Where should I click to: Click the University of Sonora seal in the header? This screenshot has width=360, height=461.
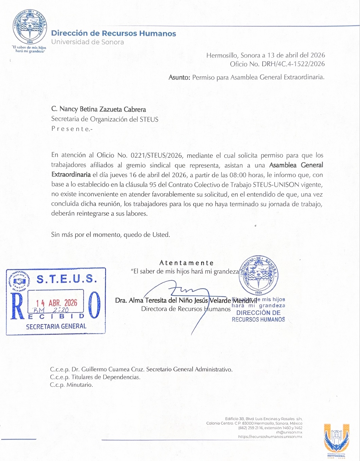[30, 27]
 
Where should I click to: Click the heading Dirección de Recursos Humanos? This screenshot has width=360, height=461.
[113, 33]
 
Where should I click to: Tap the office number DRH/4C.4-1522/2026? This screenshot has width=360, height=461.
[293, 64]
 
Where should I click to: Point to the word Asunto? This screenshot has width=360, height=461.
[179, 78]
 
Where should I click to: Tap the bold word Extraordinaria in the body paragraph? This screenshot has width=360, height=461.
[71, 175]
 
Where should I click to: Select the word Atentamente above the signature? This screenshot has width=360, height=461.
[186, 263]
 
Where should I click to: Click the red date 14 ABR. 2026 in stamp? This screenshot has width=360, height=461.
[57, 303]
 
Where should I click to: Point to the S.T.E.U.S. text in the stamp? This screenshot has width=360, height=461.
[67, 279]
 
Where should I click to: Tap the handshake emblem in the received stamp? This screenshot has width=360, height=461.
[20, 281]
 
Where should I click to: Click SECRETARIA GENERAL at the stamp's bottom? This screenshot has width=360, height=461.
[56, 326]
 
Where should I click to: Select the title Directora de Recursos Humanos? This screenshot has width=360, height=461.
[186, 309]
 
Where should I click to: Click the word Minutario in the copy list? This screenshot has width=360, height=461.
[79, 385]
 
